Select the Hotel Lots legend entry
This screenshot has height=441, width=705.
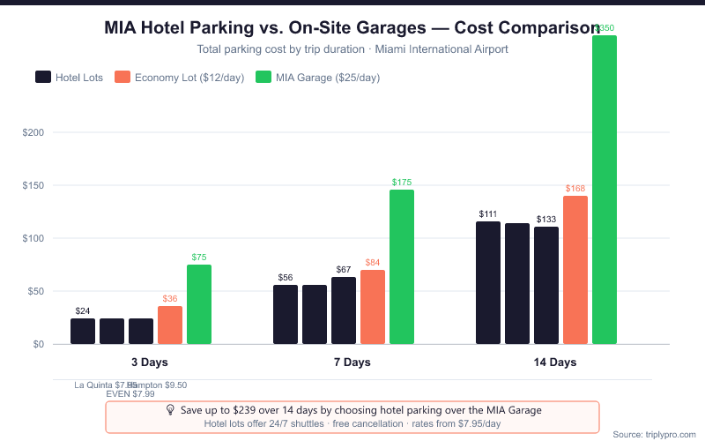[69, 77]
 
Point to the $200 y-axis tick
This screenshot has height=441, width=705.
[33, 132]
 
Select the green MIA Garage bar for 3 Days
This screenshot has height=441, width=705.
[199, 304]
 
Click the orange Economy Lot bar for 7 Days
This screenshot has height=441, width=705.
[373, 307]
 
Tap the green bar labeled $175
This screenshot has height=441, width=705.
[402, 266]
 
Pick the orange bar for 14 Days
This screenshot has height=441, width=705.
[575, 270]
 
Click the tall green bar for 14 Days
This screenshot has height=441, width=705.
[605, 190]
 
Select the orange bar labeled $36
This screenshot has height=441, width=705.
[170, 325]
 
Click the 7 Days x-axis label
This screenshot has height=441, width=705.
[352, 363]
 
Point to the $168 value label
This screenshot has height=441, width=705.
[575, 188]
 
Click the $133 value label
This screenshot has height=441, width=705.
[546, 220]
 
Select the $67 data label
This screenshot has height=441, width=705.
[344, 269]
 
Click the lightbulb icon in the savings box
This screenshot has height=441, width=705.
[171, 410]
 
